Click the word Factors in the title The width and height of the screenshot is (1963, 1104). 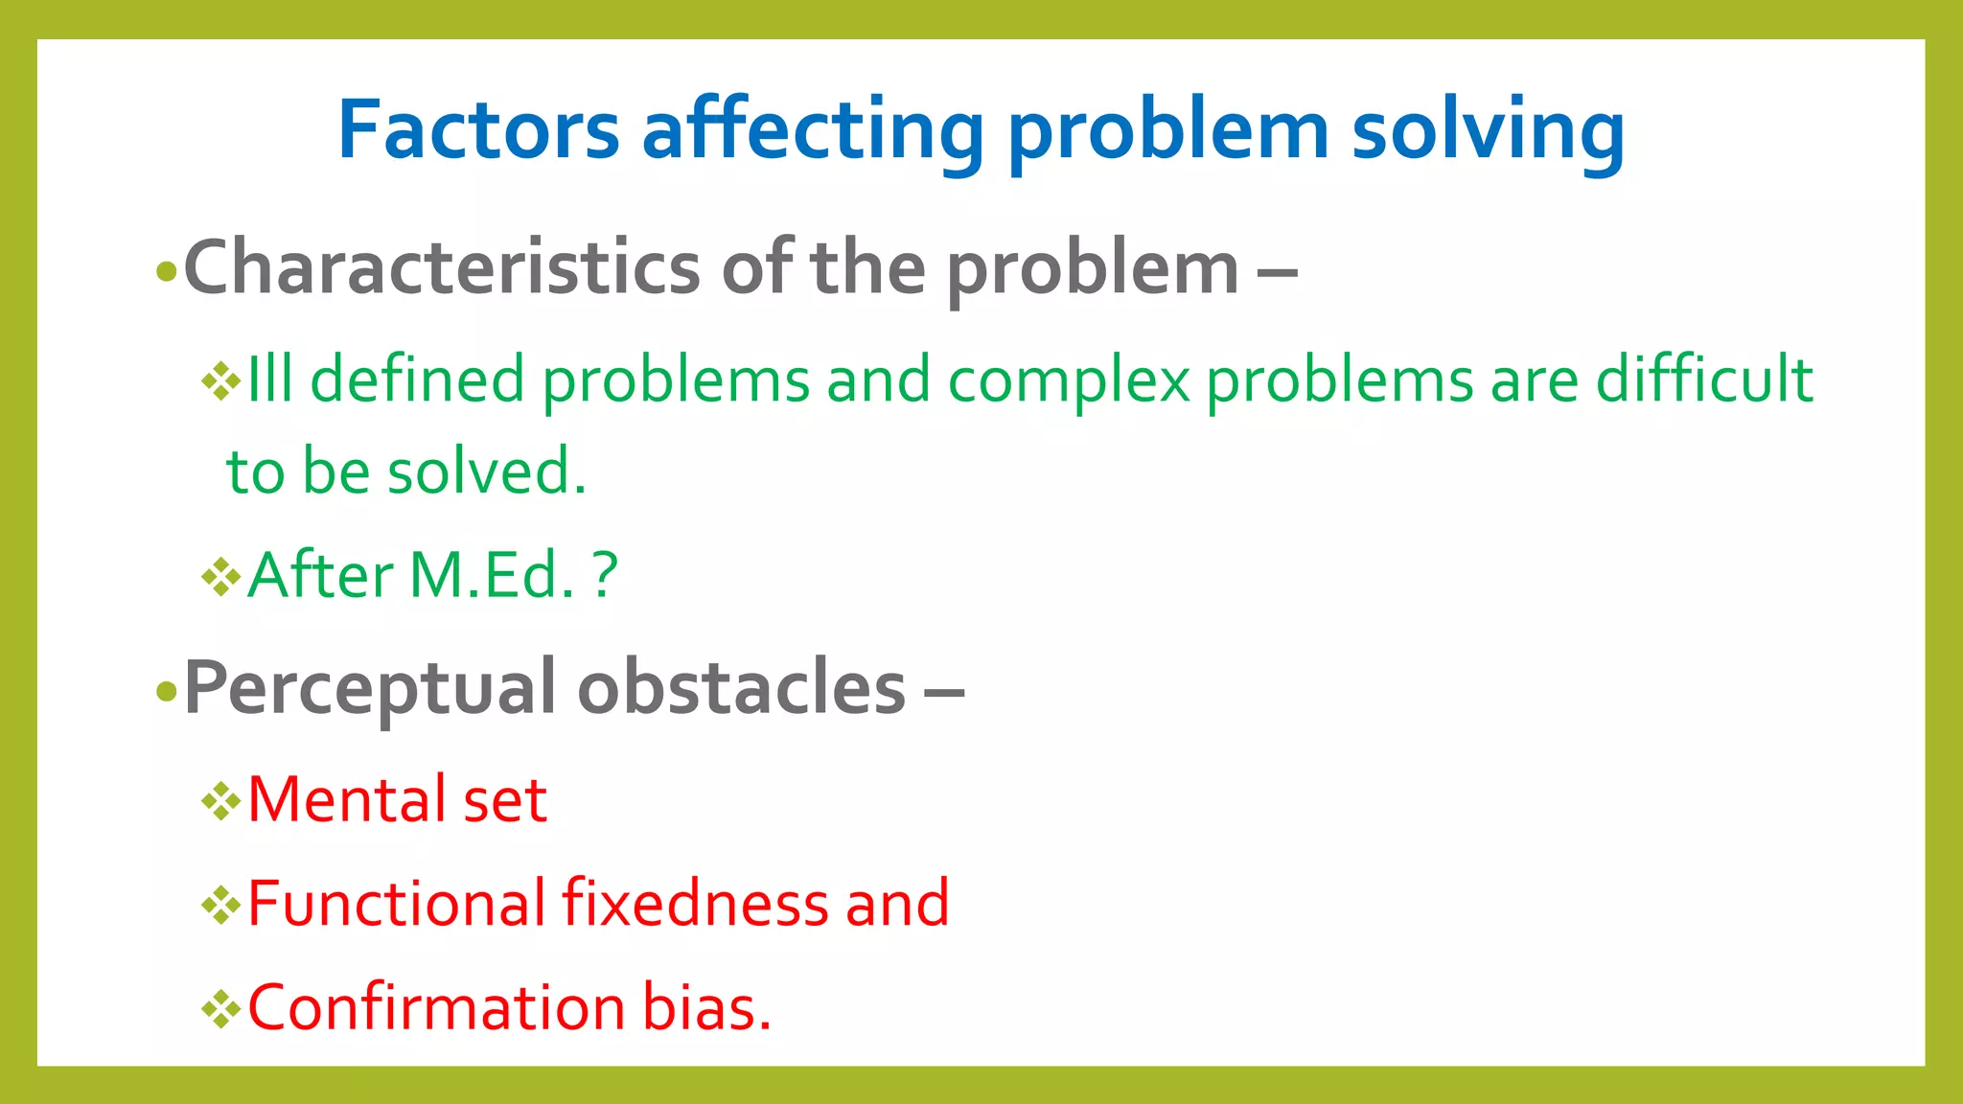point(478,130)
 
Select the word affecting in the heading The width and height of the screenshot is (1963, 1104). point(813,130)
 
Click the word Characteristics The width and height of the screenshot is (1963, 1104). point(441,268)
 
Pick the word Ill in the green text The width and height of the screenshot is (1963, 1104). point(269,379)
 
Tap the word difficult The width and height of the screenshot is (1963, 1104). point(1704,379)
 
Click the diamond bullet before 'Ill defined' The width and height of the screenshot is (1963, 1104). point(221,382)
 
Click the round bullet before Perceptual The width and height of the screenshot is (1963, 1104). point(167,692)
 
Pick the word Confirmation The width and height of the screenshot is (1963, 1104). point(436,1008)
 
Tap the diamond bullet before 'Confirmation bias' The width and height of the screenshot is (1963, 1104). point(221,1009)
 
